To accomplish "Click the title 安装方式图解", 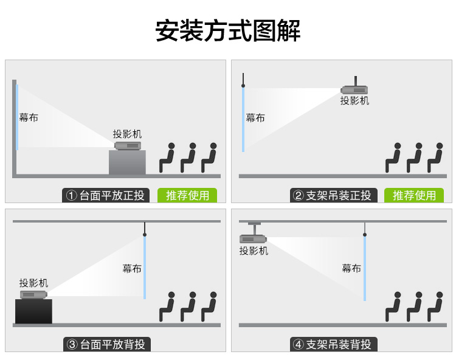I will [228, 30].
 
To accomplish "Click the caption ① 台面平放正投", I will [106, 195].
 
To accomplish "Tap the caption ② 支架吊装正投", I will [333, 195].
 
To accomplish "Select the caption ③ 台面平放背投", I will [106, 344].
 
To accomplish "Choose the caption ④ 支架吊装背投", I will [333, 344].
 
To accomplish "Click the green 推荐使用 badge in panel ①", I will [187, 195].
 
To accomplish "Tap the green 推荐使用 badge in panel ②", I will [414, 195].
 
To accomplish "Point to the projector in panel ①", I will [128, 145].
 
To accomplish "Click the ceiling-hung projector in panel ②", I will [354, 89].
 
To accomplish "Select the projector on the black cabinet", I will [33, 294].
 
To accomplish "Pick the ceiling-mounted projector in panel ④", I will [254, 238].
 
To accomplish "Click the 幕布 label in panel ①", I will [29, 117].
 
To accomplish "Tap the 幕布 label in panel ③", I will [131, 268].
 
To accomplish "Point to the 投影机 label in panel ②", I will [354, 101].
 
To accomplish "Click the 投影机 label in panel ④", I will [254, 251].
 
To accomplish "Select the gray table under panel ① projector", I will [127, 162].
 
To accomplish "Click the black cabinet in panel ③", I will [33, 311].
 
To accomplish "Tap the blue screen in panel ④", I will [364, 268].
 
